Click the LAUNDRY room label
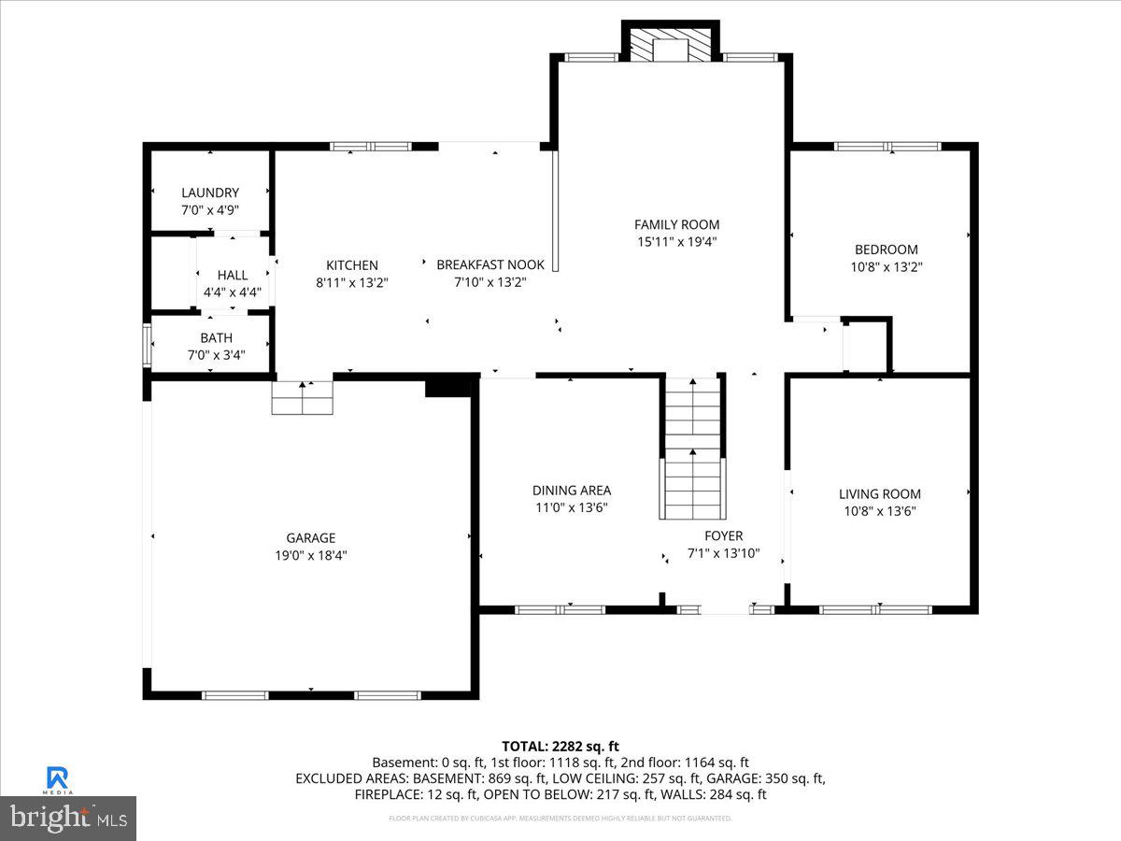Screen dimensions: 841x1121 (210, 192)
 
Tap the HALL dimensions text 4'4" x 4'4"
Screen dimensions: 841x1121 (233, 292)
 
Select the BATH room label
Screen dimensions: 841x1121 (216, 337)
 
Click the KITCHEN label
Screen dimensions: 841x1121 (352, 265)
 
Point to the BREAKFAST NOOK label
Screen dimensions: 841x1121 (490, 265)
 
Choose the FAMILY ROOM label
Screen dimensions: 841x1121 (677, 224)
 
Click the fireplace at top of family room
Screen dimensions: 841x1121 (670, 44)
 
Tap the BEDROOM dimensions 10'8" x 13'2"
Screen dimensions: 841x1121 (886, 266)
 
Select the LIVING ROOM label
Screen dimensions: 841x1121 (879, 494)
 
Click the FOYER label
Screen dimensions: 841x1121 (723, 535)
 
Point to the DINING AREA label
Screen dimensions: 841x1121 (572, 491)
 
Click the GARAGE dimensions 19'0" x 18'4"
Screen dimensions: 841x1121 (310, 555)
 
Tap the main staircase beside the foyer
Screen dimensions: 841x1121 (693, 449)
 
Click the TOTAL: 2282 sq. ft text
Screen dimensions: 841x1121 (560, 746)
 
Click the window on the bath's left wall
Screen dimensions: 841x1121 (146, 344)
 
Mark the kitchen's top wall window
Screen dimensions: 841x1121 (371, 147)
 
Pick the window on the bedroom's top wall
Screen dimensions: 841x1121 (887, 147)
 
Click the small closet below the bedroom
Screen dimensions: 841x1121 (865, 346)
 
